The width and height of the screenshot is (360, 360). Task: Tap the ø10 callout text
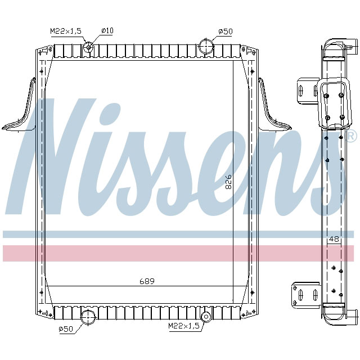click(x=107, y=30)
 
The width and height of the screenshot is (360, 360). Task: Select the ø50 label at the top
click(x=225, y=30)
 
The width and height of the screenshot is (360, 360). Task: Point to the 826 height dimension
click(x=228, y=184)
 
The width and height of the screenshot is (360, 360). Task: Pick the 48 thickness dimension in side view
click(x=334, y=238)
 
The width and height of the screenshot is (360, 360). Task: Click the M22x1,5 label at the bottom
click(x=183, y=326)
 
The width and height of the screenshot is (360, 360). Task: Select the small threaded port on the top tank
click(x=88, y=47)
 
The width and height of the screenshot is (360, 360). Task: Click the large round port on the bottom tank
click(x=88, y=316)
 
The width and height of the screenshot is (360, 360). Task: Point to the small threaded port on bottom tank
click(x=206, y=316)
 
